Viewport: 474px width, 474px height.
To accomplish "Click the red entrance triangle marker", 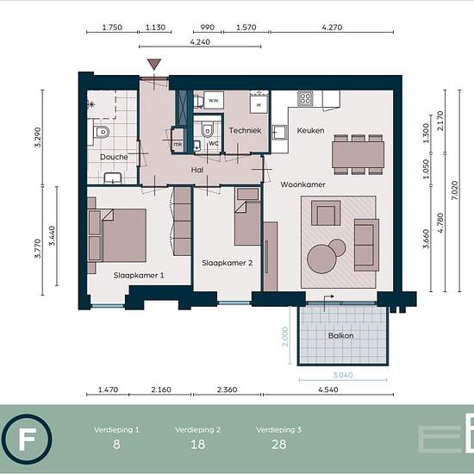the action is point(154,64).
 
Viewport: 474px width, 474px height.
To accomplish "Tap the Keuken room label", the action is point(310,130).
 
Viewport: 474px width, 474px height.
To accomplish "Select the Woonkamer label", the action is point(302,184).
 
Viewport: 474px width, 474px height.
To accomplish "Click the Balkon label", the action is point(340,335).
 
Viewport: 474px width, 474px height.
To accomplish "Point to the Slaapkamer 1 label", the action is point(139,275).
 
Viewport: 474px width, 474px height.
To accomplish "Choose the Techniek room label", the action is point(245,130).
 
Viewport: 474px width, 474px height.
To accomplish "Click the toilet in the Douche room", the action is point(101,132).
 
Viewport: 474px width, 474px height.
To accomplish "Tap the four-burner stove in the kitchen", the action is point(305,98).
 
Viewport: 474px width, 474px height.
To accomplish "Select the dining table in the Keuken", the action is point(358,154).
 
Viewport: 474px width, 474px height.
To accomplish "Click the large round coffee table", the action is point(321,259).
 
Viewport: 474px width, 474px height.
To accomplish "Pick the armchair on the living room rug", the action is point(326,213).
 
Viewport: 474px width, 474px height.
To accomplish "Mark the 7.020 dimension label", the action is point(454,190).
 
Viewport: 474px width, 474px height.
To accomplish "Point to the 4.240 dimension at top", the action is point(200,41).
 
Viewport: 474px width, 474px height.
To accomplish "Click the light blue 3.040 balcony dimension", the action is point(343,375).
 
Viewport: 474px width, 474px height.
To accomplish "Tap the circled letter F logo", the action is point(27,440).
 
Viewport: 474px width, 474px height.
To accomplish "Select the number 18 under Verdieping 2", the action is point(197,445).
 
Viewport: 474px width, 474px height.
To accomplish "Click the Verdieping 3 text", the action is point(278,429).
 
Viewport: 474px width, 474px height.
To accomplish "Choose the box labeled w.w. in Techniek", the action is point(214,100).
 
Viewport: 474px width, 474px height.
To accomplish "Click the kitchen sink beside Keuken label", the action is point(279,133).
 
